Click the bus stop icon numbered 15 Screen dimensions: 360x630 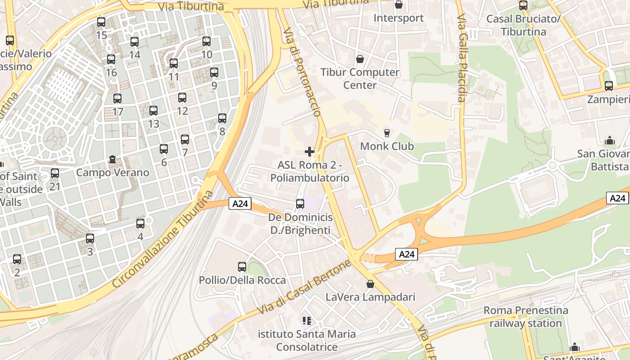tap(101, 22)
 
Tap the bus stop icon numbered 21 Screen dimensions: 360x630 tap(55, 173)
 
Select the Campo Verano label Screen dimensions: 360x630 tap(112, 172)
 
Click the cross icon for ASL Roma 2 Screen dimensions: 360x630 tap(310, 151)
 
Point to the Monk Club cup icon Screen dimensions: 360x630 tap(387, 133)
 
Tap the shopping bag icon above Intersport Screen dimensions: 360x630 tap(398, 5)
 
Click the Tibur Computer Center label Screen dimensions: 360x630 tap(360, 78)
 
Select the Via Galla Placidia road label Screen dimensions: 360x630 tap(462, 58)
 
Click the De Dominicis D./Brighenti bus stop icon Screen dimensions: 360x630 tap(300, 204)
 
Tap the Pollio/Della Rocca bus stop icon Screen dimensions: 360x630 tap(242, 267)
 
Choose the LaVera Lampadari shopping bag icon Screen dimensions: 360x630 tap(370, 284)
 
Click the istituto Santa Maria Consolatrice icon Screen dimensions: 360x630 tap(307, 321)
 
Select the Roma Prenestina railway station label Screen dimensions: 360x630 tap(526, 317)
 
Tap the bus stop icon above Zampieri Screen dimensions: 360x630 tap(609, 85)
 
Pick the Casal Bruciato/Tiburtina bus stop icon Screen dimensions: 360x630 tap(523, 5)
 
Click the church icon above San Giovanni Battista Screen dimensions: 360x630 tap(610, 140)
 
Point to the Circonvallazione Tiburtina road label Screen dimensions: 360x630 tap(163, 239)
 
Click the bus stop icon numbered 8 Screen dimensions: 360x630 tap(222, 118)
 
